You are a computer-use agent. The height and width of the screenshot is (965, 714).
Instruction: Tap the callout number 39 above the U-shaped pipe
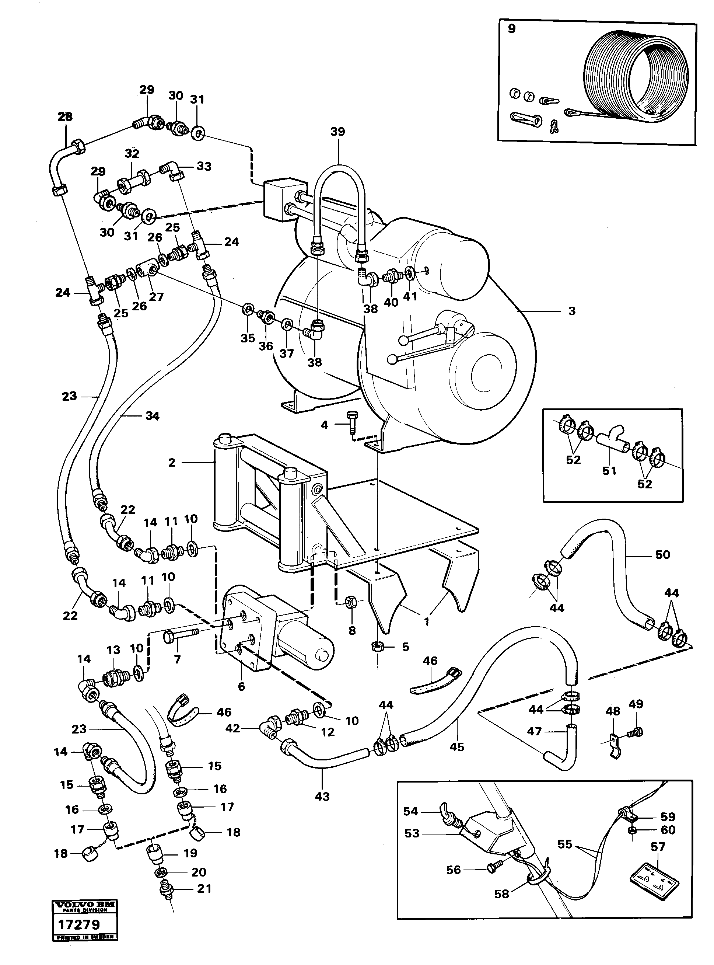[x=337, y=132]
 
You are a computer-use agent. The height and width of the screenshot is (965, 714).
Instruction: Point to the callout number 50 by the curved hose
[x=662, y=554]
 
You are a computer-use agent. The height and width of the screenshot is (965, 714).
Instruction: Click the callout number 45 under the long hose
[x=457, y=747]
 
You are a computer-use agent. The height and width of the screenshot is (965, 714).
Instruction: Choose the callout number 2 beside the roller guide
[x=172, y=463]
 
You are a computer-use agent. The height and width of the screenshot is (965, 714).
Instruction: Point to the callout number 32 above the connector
[x=132, y=154]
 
